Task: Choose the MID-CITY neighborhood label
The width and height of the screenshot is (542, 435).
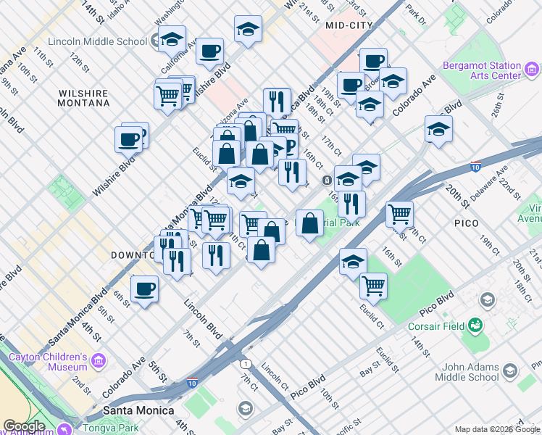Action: (349, 25)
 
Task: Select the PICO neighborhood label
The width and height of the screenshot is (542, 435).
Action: (468, 223)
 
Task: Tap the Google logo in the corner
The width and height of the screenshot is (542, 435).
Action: (24, 426)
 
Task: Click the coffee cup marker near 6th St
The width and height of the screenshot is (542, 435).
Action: (145, 289)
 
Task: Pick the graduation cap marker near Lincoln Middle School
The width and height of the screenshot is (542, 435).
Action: (172, 39)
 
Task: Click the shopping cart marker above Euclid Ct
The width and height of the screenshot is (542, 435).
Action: (374, 285)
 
